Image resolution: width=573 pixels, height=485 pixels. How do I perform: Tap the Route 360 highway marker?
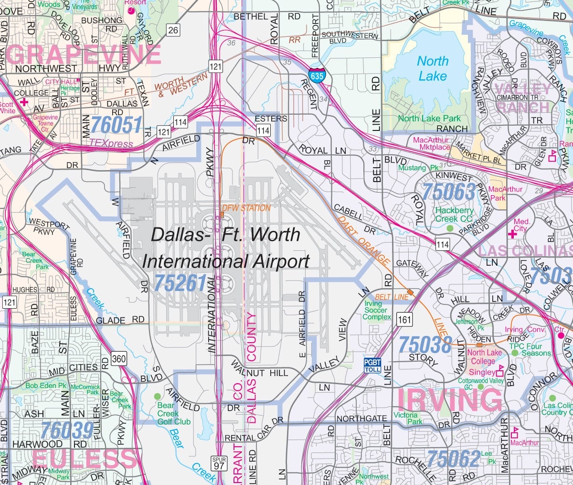tap(119, 358)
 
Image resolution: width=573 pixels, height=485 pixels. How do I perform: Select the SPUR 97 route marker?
tap(219, 463)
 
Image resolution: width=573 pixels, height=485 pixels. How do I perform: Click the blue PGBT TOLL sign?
tap(372, 366)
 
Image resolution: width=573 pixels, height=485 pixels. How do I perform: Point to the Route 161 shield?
tap(404, 319)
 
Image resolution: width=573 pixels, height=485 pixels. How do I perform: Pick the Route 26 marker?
tap(173, 30)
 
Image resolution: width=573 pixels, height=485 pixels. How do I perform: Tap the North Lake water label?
tap(433, 68)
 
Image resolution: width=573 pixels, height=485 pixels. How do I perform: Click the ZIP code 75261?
tap(180, 283)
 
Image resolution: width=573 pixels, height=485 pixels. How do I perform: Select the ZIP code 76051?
tap(116, 125)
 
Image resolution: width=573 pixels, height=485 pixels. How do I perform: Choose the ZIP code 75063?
tap(449, 192)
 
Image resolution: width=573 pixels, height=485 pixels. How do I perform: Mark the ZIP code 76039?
tap(67, 431)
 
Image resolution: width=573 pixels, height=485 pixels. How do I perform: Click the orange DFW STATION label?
tap(246, 208)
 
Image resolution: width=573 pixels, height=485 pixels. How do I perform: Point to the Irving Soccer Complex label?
tap(377, 310)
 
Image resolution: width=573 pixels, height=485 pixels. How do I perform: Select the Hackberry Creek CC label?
tap(454, 215)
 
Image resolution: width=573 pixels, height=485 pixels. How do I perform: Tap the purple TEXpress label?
tap(111, 143)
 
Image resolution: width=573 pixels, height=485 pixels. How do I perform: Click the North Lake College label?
tap(484, 357)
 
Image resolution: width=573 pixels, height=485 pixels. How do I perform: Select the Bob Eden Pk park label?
tap(46, 385)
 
